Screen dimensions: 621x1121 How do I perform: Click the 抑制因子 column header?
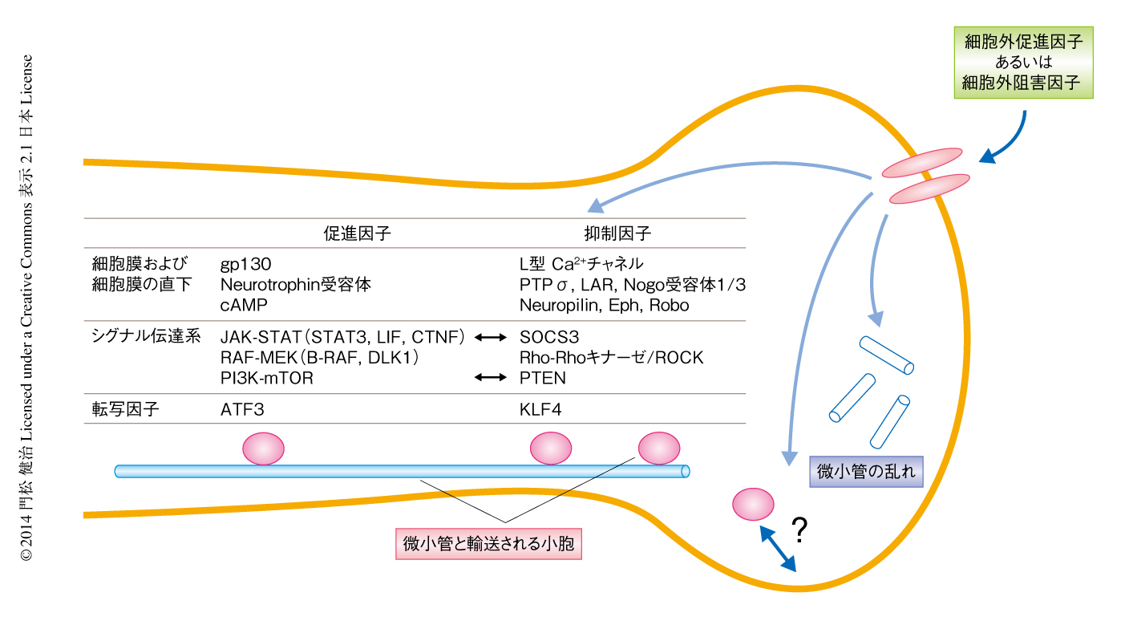click(x=617, y=234)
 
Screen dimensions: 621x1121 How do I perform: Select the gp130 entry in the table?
click(x=245, y=263)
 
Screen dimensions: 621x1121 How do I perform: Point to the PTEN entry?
click(x=543, y=378)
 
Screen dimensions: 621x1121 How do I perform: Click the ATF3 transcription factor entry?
click(x=241, y=410)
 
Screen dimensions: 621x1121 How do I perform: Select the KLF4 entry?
click(x=540, y=410)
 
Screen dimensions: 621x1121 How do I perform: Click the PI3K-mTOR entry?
click(x=266, y=378)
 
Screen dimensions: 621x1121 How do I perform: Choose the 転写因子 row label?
click(x=126, y=410)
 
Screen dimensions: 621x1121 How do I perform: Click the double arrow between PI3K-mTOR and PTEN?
click(x=491, y=378)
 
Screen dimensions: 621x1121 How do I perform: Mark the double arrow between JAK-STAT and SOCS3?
click(x=491, y=338)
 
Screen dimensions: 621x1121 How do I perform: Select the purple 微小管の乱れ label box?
click(x=865, y=472)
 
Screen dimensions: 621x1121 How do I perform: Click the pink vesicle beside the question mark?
click(x=753, y=503)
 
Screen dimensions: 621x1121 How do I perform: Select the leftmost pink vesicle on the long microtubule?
click(x=263, y=448)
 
